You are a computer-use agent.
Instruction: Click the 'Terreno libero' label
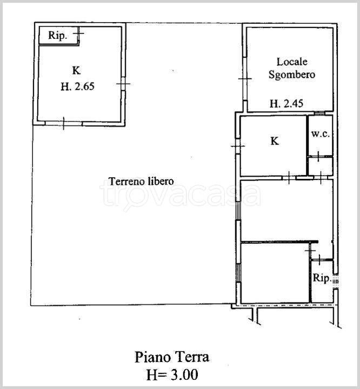[141, 182]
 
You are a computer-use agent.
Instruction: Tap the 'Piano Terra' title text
[172, 357]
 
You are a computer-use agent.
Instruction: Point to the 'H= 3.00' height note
[172, 374]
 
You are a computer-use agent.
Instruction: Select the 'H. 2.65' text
[78, 86]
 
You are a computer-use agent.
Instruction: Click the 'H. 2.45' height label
[286, 103]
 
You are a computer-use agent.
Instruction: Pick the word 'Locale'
[292, 62]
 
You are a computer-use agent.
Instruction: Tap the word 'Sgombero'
[292, 75]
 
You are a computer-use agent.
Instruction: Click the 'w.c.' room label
[321, 134]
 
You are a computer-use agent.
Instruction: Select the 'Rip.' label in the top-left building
[58, 36]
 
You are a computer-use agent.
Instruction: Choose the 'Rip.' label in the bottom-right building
[322, 278]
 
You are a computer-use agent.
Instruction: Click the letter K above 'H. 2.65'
[76, 71]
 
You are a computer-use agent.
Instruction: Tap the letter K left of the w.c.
[275, 141]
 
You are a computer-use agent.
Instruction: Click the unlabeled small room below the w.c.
[321, 166]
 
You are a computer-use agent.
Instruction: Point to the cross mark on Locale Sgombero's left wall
[245, 79]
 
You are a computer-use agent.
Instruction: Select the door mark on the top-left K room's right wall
[123, 84]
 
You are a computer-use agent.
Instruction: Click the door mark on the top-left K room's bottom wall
[64, 123]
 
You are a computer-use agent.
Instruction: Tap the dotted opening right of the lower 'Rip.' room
[336, 281]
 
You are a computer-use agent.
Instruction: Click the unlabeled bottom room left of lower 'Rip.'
[275, 273]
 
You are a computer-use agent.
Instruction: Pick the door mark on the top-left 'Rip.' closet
[78, 33]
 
